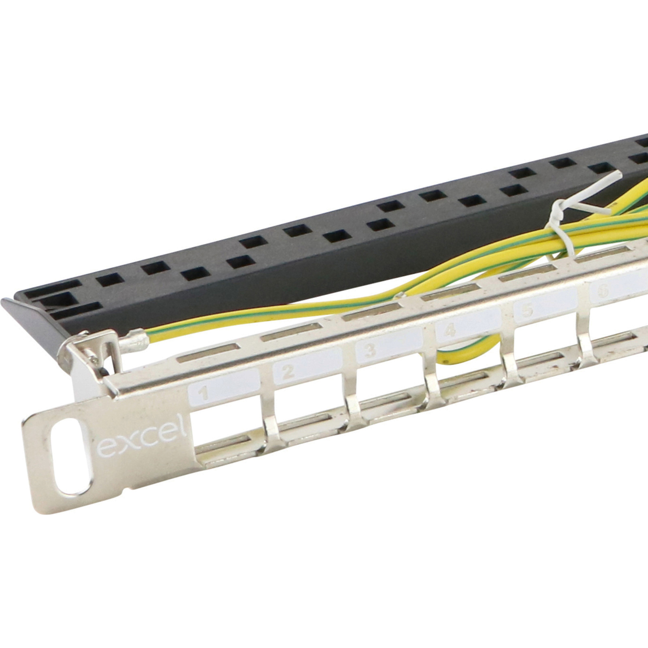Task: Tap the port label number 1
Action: coord(205,393)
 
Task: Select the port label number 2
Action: coord(287,371)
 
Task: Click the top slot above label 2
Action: coord(283,335)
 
